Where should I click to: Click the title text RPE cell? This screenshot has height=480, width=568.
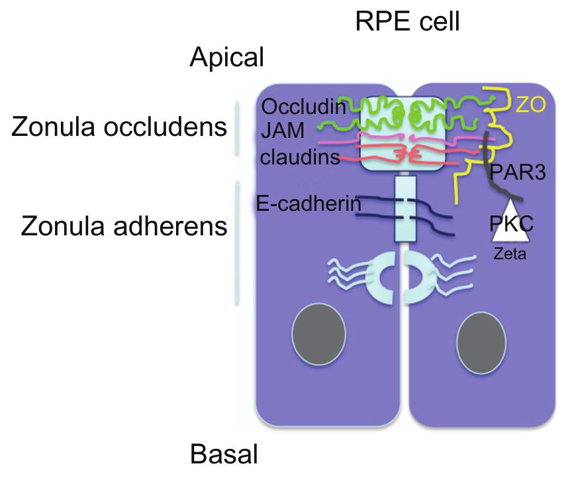pyautogui.click(x=407, y=22)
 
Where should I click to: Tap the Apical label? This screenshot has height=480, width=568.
pyautogui.click(x=227, y=58)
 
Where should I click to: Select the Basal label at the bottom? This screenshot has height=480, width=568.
pyautogui.click(x=224, y=455)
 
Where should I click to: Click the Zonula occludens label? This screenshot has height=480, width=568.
pyautogui.click(x=119, y=127)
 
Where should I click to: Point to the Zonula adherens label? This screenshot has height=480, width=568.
pyautogui.click(x=124, y=226)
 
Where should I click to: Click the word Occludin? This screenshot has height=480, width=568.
pyautogui.click(x=303, y=107)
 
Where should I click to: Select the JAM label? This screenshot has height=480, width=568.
pyautogui.click(x=283, y=133)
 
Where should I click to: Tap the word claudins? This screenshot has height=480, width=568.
pyautogui.click(x=300, y=157)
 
